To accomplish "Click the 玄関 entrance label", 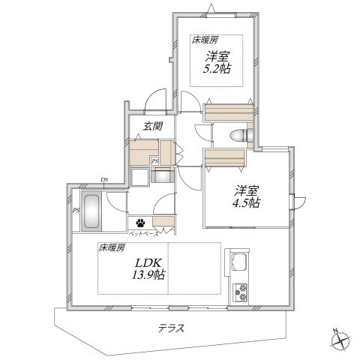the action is pyautogui.click(x=153, y=126).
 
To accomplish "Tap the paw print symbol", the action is pyautogui.click(x=140, y=223).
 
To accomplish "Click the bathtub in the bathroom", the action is pyautogui.click(x=91, y=211).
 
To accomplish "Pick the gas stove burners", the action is pyautogui.click(x=240, y=292).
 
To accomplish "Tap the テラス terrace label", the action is pyautogui.click(x=172, y=328).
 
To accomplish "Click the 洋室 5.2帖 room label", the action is pyautogui.click(x=217, y=62).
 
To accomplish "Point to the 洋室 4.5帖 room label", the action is pyautogui.click(x=246, y=197).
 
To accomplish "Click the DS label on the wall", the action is pyautogui.click(x=103, y=180).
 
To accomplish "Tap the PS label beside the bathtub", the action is pyautogui.click(x=76, y=211).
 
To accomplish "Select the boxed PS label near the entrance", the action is pyautogui.click(x=155, y=161).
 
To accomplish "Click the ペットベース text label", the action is pyautogui.click(x=143, y=234).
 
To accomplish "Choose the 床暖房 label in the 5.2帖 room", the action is pyautogui.click(x=205, y=40).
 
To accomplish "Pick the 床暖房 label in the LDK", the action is pyautogui.click(x=111, y=247).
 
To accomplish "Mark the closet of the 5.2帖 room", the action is pyautogui.click(x=229, y=112).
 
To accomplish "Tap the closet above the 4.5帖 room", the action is pyautogui.click(x=224, y=158).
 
